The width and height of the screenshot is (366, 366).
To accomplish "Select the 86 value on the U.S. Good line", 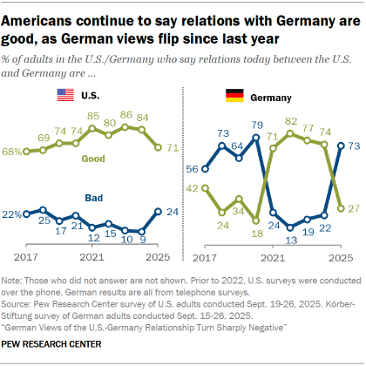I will point(125,115).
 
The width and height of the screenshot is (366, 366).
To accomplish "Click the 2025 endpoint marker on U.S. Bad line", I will point(158,211).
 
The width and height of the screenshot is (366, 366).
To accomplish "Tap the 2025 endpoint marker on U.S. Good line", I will point(158,147).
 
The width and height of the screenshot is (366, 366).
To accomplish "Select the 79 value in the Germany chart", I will point(258,125).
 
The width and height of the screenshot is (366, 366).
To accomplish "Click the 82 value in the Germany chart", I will point(291,120).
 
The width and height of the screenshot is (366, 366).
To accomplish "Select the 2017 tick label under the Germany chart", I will point(205,259).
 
